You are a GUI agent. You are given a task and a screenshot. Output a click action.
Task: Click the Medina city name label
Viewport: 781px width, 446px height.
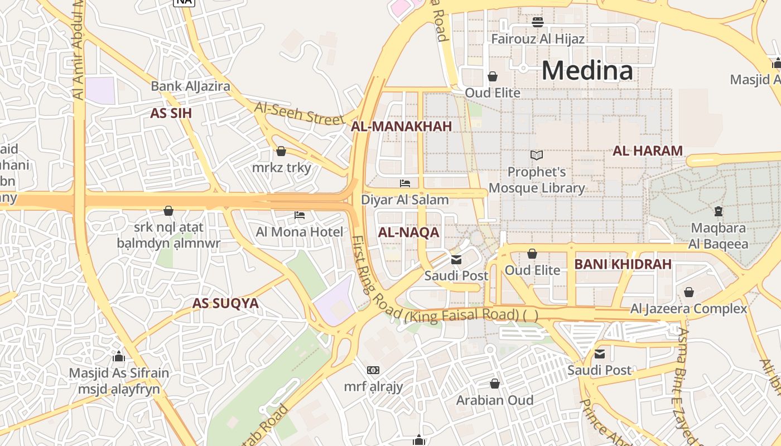[587, 71]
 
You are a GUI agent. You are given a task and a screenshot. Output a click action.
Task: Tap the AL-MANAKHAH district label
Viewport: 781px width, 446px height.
[401, 127]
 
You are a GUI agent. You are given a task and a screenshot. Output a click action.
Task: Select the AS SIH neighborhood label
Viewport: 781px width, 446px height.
[171, 113]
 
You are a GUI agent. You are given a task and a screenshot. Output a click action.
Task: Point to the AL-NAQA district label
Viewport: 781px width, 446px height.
[408, 232]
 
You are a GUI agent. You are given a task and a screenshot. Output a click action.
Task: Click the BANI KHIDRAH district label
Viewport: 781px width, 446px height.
[623, 264]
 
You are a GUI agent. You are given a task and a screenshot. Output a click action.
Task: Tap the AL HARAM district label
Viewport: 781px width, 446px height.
[648, 151]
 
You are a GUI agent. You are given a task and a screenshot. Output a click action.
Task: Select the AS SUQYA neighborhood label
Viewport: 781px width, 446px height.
[225, 303]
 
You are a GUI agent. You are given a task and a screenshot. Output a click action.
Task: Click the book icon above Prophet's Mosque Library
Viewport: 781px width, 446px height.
[537, 155]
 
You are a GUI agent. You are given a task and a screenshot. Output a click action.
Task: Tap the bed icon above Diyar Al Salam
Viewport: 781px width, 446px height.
[405, 183]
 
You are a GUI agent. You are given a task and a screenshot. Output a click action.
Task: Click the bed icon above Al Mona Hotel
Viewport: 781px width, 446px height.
[300, 215]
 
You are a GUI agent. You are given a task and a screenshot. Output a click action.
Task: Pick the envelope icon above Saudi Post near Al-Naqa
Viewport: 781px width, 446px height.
[456, 259]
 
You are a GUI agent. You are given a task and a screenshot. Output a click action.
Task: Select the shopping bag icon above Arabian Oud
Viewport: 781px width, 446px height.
[494, 384]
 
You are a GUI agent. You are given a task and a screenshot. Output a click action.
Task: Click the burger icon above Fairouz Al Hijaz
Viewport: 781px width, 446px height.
[538, 22]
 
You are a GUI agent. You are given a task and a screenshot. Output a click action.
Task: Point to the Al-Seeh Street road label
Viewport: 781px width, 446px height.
[299, 113]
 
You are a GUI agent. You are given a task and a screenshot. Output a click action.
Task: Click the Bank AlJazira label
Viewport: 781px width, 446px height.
[190, 86]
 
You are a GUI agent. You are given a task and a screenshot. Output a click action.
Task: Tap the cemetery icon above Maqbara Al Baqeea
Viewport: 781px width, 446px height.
[719, 211]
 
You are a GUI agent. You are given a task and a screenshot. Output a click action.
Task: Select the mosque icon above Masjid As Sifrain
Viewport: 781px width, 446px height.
[119, 356]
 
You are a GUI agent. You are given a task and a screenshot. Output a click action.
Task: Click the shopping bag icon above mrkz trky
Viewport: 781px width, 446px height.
[281, 151]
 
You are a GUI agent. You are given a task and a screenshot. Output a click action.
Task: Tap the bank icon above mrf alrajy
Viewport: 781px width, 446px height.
[373, 370]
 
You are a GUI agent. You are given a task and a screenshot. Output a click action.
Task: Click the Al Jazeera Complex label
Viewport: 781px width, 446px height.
[688, 308]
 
